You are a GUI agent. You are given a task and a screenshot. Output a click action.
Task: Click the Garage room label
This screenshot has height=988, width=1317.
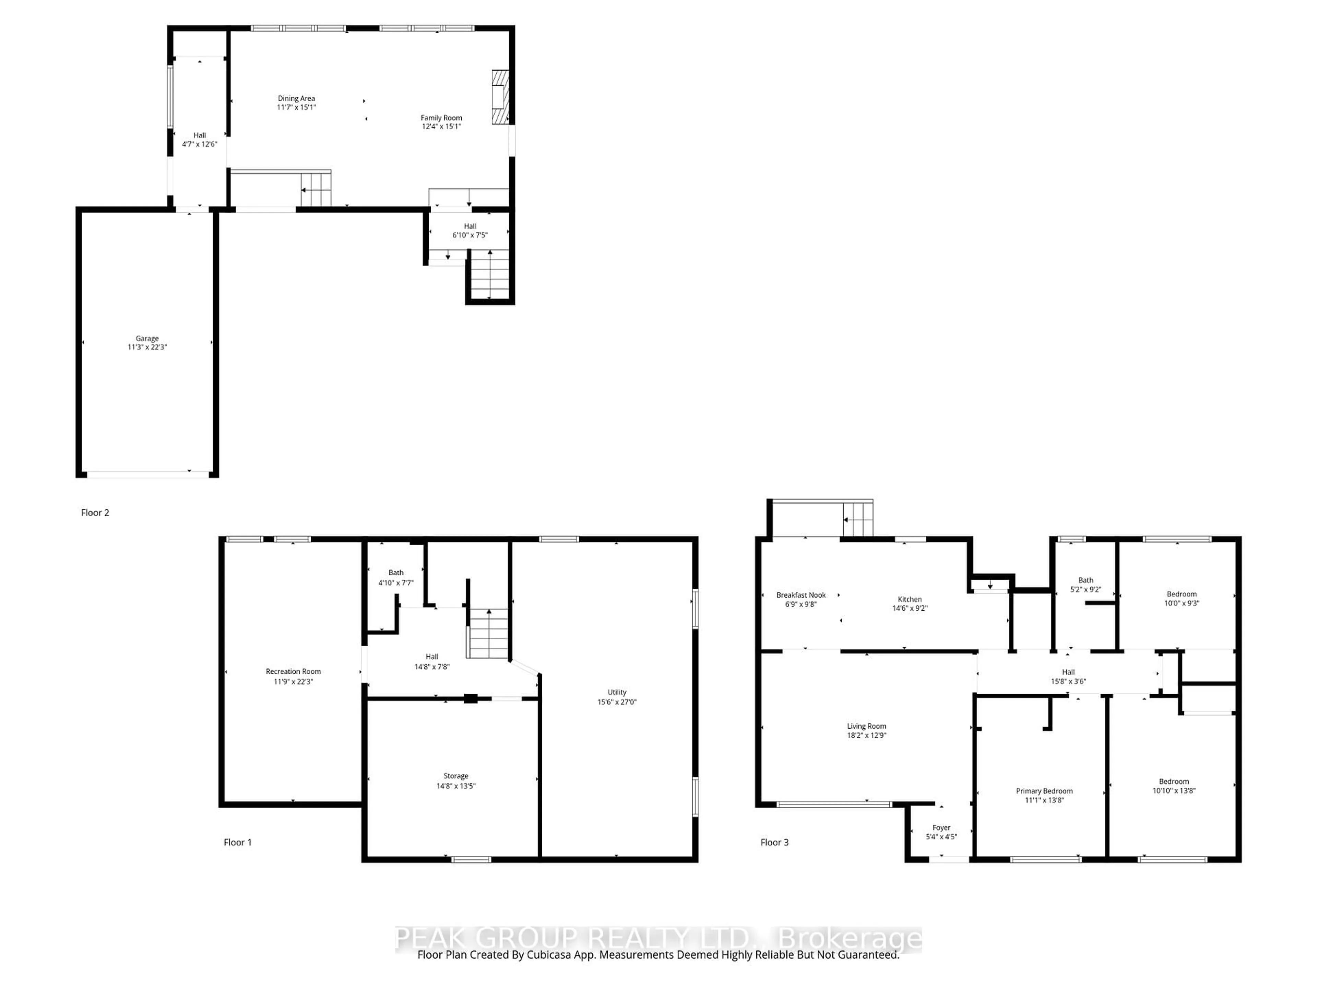147,338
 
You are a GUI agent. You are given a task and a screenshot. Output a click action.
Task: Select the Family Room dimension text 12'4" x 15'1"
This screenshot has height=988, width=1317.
441,126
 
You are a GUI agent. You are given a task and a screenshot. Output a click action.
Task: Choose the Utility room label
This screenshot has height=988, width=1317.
617,692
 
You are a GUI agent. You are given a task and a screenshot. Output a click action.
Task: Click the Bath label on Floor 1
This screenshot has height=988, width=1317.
396,572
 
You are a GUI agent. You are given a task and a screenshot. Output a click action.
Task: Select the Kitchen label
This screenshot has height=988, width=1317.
910,599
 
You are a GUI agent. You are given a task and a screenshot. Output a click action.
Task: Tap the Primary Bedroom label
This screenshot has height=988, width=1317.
1044,791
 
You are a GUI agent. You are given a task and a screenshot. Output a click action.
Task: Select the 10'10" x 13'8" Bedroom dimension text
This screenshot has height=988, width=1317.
1174,790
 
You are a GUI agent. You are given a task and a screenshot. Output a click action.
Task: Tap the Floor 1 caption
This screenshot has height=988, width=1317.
238,842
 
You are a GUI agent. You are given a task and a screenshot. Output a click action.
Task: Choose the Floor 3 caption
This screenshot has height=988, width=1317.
775,842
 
